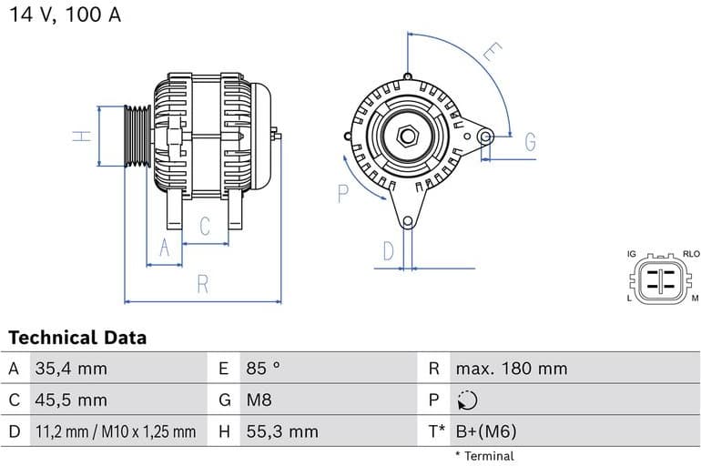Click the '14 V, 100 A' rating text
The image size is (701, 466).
tap(66, 15)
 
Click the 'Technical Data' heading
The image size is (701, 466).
tap(77, 338)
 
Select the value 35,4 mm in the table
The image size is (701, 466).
tap(71, 369)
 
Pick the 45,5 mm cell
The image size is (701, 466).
tap(71, 400)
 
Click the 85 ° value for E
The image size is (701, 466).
tap(263, 369)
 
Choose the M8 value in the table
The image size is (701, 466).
tap(259, 400)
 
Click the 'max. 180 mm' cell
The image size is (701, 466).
tap(511, 369)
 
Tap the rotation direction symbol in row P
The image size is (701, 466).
tap(466, 400)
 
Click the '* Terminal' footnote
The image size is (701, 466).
tap(484, 456)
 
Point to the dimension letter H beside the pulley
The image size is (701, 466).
tap(82, 136)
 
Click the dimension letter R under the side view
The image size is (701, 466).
tap(203, 284)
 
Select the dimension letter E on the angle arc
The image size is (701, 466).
tap(492, 53)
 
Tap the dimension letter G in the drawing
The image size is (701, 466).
tap(530, 142)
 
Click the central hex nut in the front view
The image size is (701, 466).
tap(408, 137)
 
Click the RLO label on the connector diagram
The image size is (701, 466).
tap(691, 254)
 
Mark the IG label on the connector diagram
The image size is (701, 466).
tap(631, 254)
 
